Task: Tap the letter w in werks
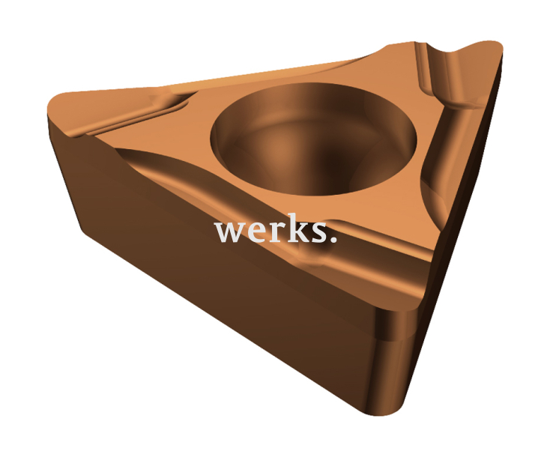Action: [x=229, y=231]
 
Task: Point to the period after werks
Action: [x=333, y=240]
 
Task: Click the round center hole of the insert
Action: [x=313, y=139]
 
